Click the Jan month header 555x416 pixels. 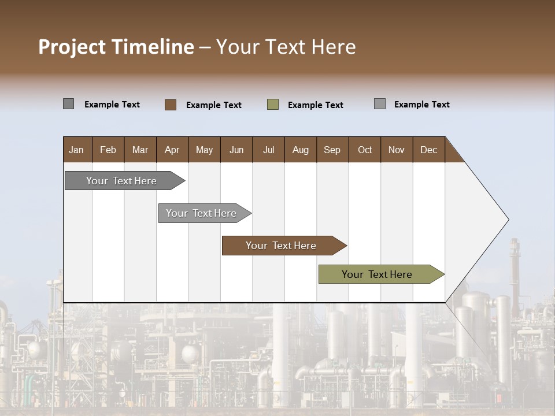coord(76,150)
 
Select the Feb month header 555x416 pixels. coord(108,150)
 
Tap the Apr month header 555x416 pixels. coord(172,150)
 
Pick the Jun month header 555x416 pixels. coord(236,150)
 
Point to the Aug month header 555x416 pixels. coord(301,150)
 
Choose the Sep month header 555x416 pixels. coord(332,150)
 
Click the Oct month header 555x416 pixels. coord(365,150)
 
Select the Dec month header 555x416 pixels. coord(429,150)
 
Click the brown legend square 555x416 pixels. coord(171,105)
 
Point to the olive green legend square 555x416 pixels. coord(273,105)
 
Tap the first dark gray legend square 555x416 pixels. coord(69,104)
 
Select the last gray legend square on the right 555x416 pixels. coord(380,104)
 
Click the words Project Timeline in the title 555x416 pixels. coord(116,47)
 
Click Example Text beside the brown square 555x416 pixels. coord(214,105)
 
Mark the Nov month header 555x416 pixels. coord(397,150)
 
